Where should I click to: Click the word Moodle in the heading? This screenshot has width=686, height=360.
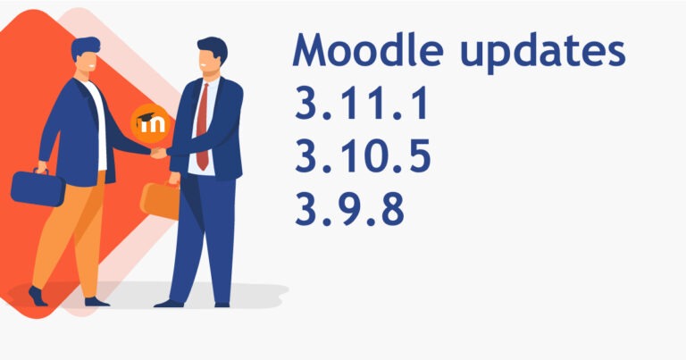click(x=368, y=49)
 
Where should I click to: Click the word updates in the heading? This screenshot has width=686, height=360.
click(x=542, y=53)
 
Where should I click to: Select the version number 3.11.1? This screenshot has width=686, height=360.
click(x=362, y=103)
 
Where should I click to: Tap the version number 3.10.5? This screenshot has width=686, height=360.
click(x=363, y=155)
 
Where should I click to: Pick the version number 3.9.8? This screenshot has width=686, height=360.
click(x=349, y=209)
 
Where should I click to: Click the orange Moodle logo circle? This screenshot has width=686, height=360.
click(x=150, y=123)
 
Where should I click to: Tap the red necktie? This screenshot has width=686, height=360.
click(x=202, y=126)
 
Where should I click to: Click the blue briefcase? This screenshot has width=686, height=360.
click(x=38, y=188)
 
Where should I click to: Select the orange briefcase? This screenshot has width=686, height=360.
click(x=160, y=200)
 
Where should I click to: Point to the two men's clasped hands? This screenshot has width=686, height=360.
click(x=158, y=153)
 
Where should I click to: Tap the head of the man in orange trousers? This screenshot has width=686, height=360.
click(x=86, y=55)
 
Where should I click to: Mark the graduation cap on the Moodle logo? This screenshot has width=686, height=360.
click(x=146, y=118)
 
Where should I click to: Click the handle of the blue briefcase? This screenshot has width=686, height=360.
click(x=40, y=171)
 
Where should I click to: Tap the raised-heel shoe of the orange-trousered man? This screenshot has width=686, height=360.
click(x=38, y=297)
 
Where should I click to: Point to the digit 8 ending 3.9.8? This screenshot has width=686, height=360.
click(x=392, y=209)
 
